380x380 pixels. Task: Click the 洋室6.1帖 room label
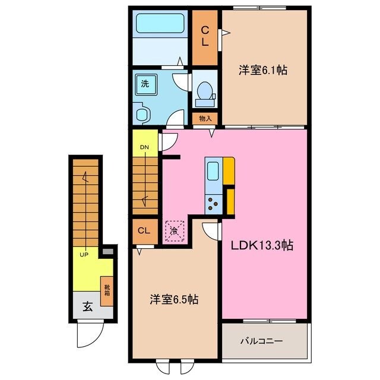(x=264, y=70)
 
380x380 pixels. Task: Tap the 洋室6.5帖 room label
(x=174, y=300)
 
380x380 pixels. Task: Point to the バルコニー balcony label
(x=262, y=341)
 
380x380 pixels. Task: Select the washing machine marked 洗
(x=145, y=84)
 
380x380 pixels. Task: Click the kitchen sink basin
(x=213, y=172)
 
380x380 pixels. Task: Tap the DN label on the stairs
(x=144, y=147)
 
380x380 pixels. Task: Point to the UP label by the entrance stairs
(x=84, y=255)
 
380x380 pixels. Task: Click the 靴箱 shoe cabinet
(x=107, y=291)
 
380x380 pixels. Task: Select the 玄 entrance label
(x=87, y=307)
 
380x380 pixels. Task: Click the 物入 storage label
(x=205, y=119)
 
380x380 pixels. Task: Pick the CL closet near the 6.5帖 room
(x=144, y=230)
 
